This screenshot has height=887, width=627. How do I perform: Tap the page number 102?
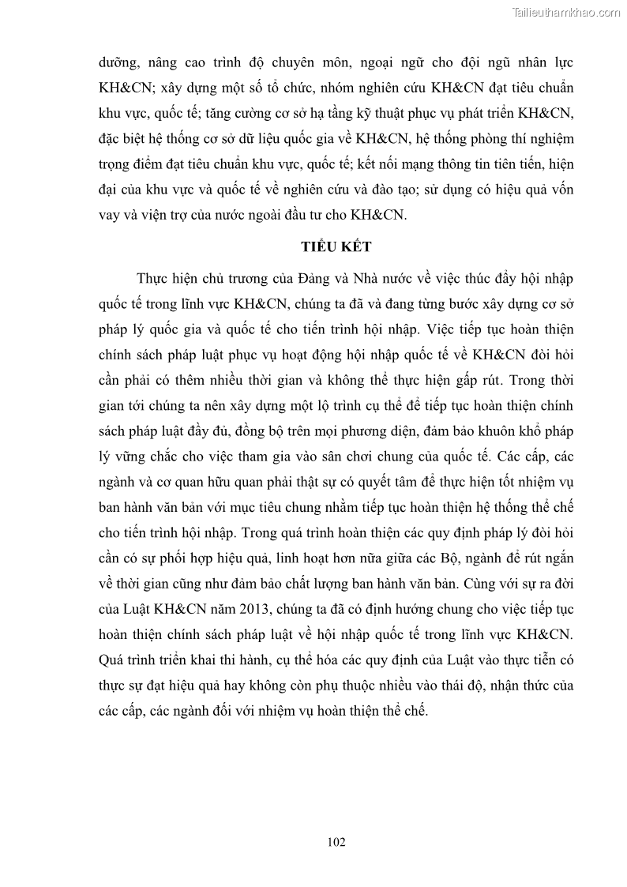pyautogui.click(x=336, y=842)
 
